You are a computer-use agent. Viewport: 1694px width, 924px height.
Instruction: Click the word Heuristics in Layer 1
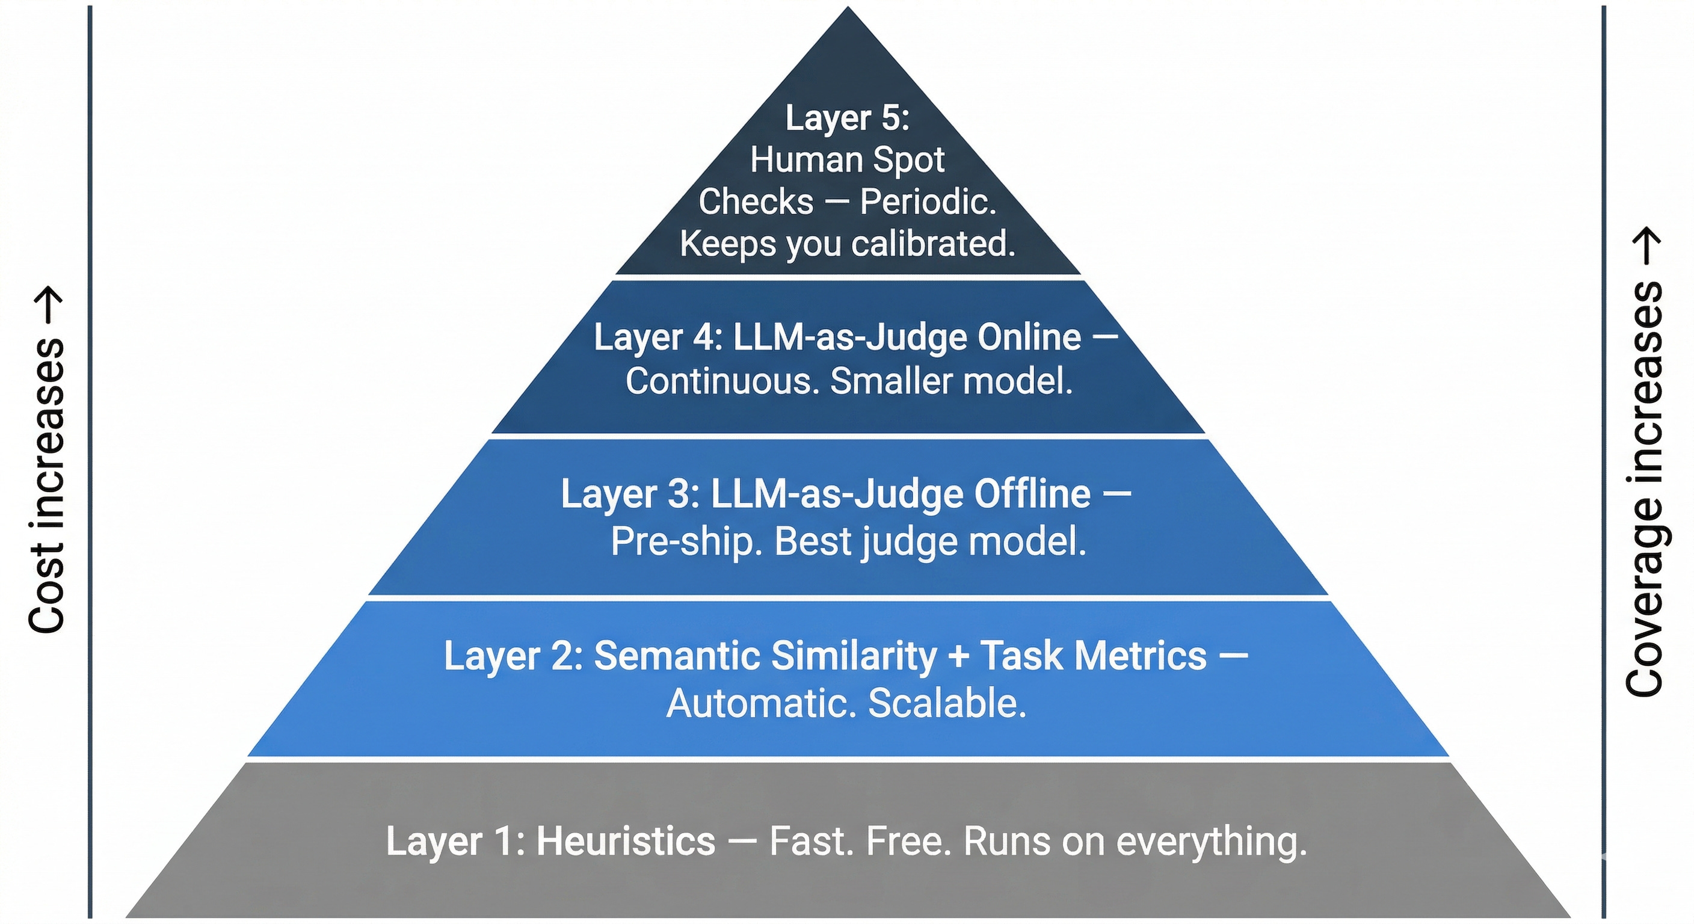coord(626,841)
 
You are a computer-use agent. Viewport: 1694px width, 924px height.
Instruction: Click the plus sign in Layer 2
coord(959,656)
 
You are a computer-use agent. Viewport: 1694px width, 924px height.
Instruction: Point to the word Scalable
coord(947,704)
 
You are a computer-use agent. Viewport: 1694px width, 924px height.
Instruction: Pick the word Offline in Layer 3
coord(1032,494)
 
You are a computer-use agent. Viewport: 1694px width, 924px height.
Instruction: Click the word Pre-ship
coord(686,542)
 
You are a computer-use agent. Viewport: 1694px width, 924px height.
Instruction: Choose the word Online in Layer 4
coord(1029,337)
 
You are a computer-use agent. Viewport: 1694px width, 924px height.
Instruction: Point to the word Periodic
coord(928,202)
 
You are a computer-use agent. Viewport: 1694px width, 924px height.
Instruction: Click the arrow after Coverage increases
coord(1646,247)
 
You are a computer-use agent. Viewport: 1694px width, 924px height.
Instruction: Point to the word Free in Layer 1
coord(908,841)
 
